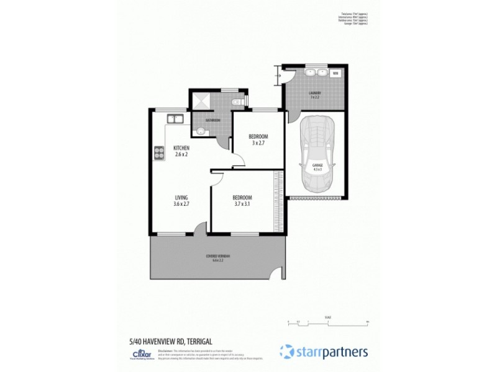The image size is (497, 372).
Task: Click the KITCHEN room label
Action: [181, 148]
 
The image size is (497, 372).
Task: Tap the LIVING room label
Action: [181, 197]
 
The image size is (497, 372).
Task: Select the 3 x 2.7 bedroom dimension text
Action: [258, 143]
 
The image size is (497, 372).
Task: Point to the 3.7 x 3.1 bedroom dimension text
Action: [243, 204]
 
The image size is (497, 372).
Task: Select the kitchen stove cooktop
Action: [158, 151]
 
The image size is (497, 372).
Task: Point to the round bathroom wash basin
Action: [199, 130]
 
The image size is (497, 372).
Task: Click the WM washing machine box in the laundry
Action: [335, 73]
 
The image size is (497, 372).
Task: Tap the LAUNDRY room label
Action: [315, 94]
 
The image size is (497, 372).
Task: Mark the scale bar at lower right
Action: [328, 322]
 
